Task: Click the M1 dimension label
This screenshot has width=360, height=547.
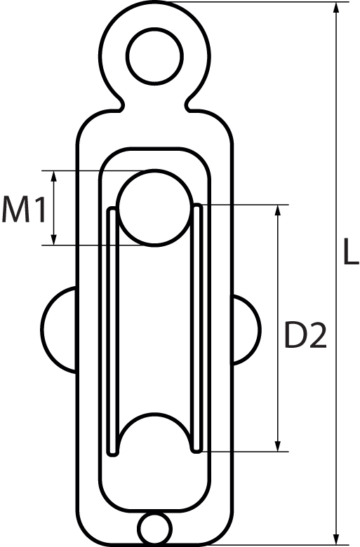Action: pyautogui.click(x=24, y=210)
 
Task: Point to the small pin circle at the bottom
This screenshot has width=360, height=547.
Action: pyautogui.click(x=154, y=527)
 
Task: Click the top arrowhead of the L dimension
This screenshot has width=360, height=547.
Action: pyautogui.click(x=340, y=8)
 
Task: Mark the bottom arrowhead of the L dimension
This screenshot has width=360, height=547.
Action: pyautogui.click(x=340, y=539)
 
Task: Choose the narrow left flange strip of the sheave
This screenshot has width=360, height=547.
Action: pyautogui.click(x=111, y=330)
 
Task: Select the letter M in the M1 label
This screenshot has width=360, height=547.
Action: pyautogui.click(x=15, y=210)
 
